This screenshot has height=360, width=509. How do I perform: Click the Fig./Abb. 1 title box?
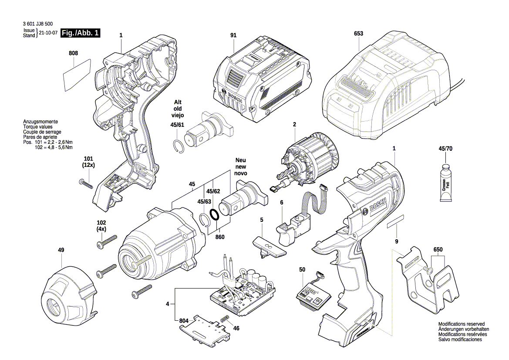pyautogui.click(x=81, y=33)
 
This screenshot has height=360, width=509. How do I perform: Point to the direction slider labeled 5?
pyautogui.click(x=269, y=246)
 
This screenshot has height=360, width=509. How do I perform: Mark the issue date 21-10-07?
pyautogui.click(x=48, y=33)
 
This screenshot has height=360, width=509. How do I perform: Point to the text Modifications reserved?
pyautogui.click(x=461, y=324)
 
